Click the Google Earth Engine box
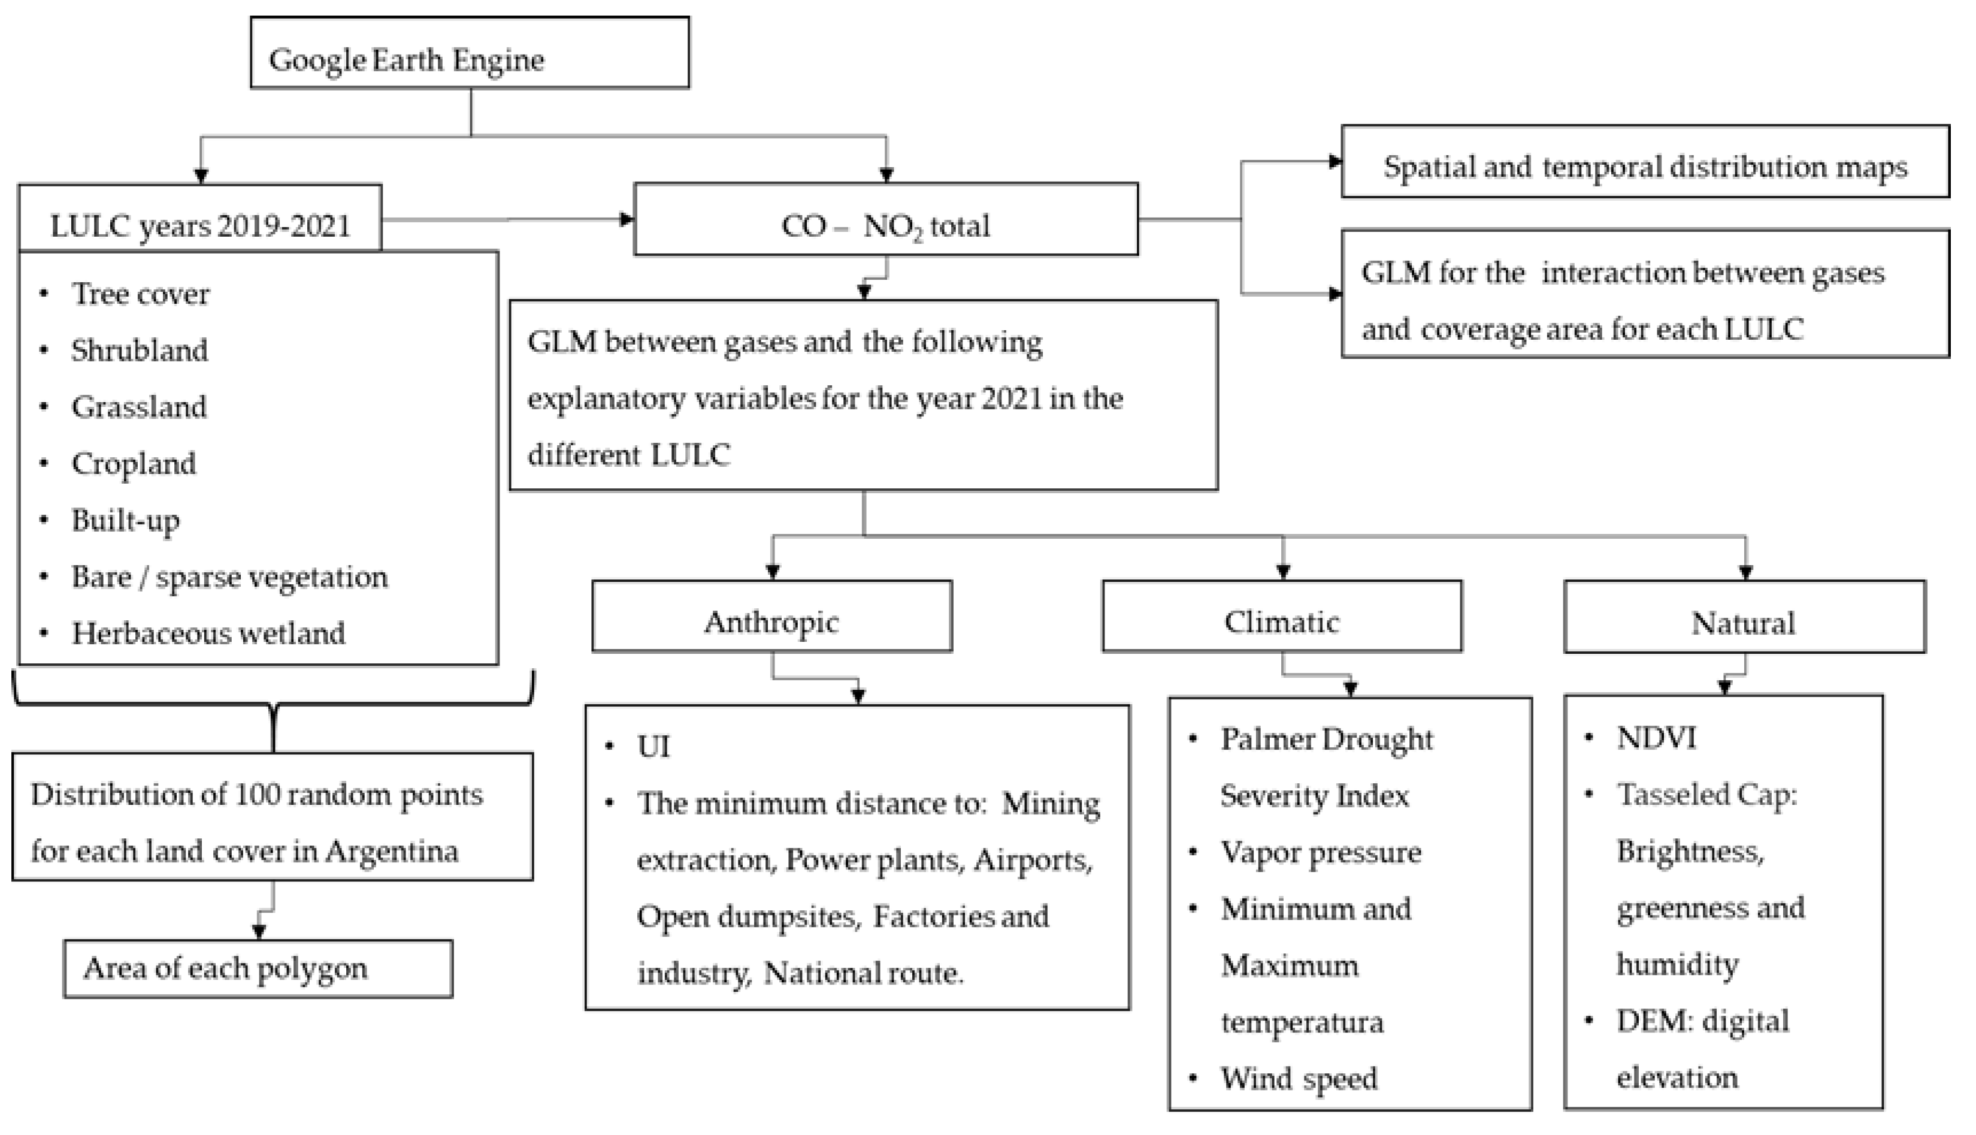(469, 53)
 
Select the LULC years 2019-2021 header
(199, 225)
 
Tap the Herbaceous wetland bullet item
(207, 633)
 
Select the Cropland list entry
(133, 463)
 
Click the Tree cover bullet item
(140, 294)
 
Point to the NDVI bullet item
(1656, 738)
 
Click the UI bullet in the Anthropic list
(653, 746)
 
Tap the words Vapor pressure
(1320, 852)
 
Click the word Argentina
(391, 850)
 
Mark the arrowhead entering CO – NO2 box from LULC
(627, 219)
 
